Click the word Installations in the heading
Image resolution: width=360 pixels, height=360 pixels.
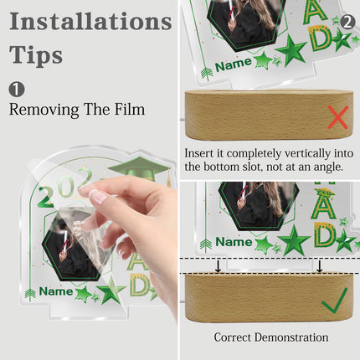(x=90, y=21)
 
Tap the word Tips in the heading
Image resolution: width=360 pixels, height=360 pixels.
(x=36, y=55)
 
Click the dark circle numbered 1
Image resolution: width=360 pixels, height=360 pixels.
(x=17, y=89)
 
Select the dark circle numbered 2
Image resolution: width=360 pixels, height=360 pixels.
(x=347, y=22)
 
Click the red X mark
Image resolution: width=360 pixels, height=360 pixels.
(x=338, y=117)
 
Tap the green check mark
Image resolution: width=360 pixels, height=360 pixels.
(x=335, y=301)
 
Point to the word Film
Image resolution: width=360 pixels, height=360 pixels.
(x=130, y=109)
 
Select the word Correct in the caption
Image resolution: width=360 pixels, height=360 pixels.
(x=233, y=337)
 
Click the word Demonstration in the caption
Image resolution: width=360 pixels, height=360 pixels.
(x=291, y=337)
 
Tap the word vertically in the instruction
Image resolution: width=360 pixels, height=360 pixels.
(x=307, y=154)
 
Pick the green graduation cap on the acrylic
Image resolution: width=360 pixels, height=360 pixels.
(x=139, y=168)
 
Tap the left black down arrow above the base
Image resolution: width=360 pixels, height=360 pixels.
(x=219, y=266)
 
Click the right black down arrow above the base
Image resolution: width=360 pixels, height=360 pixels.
(x=320, y=266)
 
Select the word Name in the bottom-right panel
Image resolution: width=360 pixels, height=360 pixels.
(x=234, y=242)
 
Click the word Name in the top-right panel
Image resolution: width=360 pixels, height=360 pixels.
(x=234, y=65)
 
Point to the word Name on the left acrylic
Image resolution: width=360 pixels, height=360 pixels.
(x=56, y=291)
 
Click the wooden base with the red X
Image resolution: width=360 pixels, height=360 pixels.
(x=269, y=115)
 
